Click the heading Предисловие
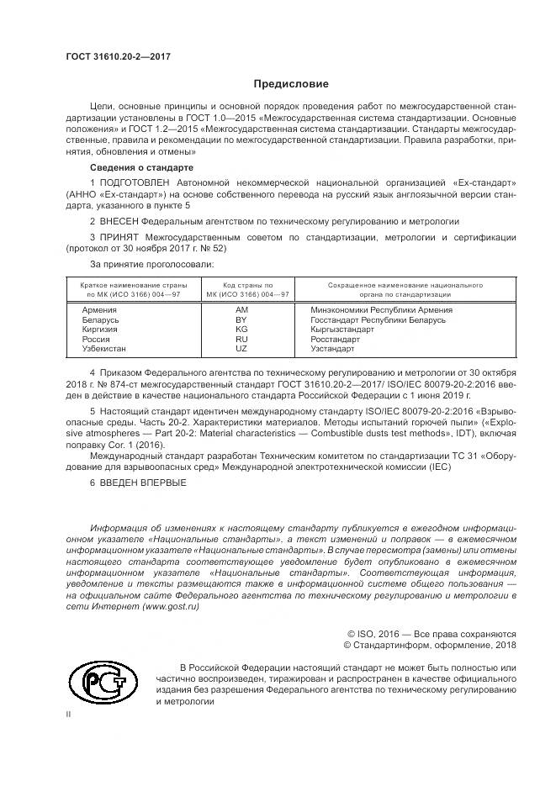(x=291, y=84)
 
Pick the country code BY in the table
(x=241, y=320)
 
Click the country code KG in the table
(x=241, y=330)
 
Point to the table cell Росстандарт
(x=335, y=339)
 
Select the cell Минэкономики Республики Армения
(x=381, y=310)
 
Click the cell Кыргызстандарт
(x=342, y=330)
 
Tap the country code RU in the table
(x=241, y=339)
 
